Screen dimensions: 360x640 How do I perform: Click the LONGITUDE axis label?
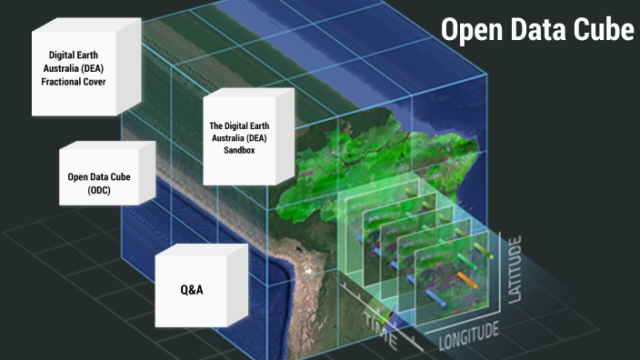point(470,338)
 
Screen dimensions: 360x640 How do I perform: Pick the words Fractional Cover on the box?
point(77,82)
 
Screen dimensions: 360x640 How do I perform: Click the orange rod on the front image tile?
point(469,276)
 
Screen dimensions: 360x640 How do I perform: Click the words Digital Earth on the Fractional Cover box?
point(77,55)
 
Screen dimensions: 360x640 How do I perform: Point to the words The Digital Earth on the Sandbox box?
point(239,125)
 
